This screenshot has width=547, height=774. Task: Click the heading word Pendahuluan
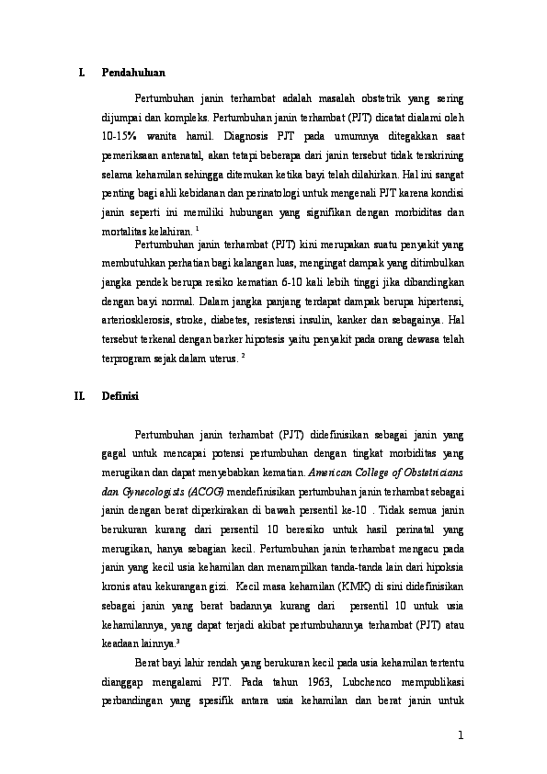pyautogui.click(x=133, y=72)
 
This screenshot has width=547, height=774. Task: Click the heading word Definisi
pyautogui.click(x=120, y=396)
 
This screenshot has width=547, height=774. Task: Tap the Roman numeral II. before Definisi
pyautogui.click(x=79, y=396)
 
